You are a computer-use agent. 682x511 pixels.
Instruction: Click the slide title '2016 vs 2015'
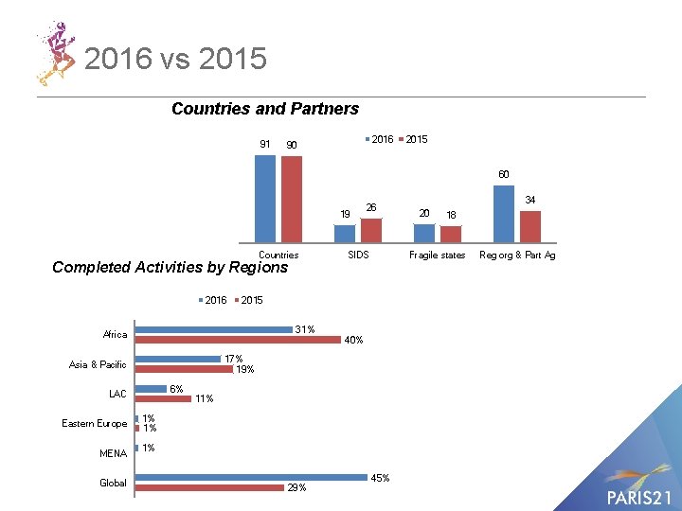click(x=175, y=60)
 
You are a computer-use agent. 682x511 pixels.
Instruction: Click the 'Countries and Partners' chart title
click(x=265, y=109)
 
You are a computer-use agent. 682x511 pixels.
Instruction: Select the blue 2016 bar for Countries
click(x=265, y=199)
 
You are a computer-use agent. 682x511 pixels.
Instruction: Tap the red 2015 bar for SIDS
click(x=371, y=230)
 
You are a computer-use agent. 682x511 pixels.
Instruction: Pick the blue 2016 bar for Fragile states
click(x=424, y=233)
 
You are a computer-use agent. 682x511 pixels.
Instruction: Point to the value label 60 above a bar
click(x=505, y=175)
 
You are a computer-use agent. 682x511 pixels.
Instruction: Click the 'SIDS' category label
click(x=358, y=255)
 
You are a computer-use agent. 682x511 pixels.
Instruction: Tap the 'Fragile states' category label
click(x=437, y=255)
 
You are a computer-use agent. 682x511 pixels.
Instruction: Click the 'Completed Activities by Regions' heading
click(x=170, y=268)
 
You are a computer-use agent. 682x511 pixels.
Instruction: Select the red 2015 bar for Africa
click(x=238, y=340)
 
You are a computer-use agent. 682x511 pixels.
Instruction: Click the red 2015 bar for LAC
click(x=163, y=398)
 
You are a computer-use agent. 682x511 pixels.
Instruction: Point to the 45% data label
click(x=379, y=478)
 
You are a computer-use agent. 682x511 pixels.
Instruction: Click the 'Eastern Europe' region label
click(x=94, y=423)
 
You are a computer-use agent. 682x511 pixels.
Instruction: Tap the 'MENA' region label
click(x=113, y=453)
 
